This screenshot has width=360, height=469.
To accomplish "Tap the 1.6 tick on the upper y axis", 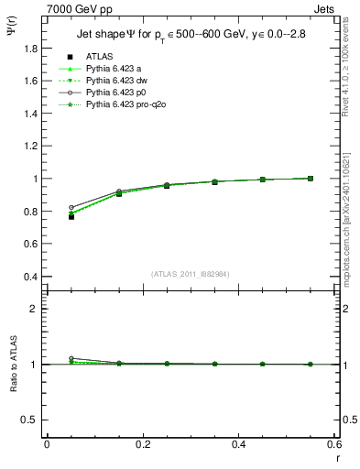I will pyautogui.click(x=29, y=81).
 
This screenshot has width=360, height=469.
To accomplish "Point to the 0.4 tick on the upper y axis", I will pyautogui.click(x=29, y=277).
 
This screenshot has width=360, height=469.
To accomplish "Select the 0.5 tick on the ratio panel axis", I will pyautogui.click(x=29, y=420).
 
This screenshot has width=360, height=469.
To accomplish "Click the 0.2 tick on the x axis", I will pyautogui.click(x=142, y=444).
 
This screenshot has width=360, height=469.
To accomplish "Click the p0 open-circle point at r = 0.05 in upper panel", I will pyautogui.click(x=71, y=208).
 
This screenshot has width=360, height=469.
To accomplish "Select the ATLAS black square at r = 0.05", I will pyautogui.click(x=71, y=216).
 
